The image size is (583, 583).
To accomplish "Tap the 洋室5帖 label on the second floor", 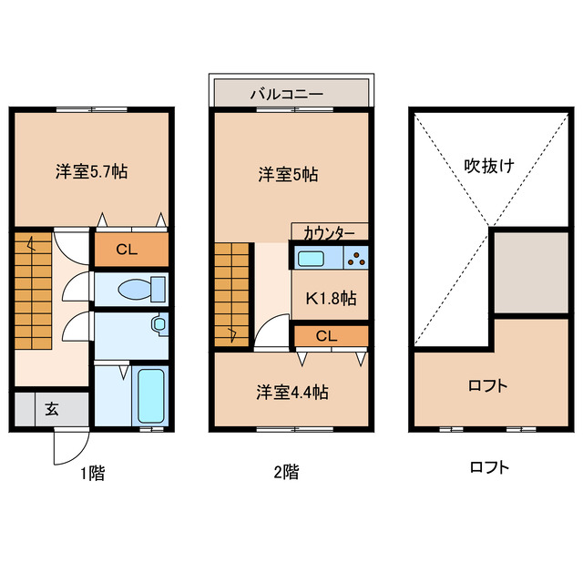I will click(288, 174).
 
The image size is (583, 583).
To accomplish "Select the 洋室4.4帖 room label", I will click(291, 393).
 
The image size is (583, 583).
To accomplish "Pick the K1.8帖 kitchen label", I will click(330, 298).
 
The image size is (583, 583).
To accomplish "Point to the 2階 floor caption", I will click(285, 472).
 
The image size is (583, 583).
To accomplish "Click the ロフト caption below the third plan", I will click(489, 468).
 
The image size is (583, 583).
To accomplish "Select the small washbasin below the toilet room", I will click(160, 323).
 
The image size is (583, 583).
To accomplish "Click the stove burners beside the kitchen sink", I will click(355, 258).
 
